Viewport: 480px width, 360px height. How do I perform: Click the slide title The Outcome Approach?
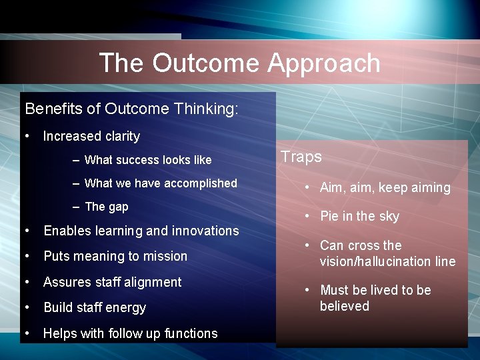[x=239, y=63]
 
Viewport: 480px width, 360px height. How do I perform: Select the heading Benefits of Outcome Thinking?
[x=131, y=109]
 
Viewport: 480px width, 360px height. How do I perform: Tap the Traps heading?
[x=301, y=157]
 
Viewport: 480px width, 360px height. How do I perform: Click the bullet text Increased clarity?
[x=91, y=136]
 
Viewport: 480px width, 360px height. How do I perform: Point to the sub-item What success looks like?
[x=148, y=160]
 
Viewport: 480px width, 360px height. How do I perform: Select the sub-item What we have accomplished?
[x=161, y=183]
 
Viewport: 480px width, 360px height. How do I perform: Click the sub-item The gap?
[x=107, y=207]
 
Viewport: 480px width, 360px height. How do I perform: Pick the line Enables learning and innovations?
[x=141, y=231]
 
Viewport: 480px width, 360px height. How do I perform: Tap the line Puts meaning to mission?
[x=115, y=256]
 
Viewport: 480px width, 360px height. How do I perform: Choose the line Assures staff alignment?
[x=112, y=282]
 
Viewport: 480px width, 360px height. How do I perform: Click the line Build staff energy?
[x=94, y=307]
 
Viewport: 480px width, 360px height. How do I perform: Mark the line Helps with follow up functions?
[x=130, y=333]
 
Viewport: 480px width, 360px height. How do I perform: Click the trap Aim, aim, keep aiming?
[x=385, y=188]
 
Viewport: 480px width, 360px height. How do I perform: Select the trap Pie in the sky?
[x=359, y=216]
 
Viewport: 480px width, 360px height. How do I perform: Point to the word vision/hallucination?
[x=367, y=261]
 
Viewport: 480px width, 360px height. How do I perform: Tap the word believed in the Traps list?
[x=344, y=306]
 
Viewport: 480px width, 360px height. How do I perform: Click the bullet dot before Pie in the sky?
[x=307, y=216]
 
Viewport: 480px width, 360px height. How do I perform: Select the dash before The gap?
[x=77, y=207]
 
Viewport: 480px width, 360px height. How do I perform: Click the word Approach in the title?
[x=324, y=63]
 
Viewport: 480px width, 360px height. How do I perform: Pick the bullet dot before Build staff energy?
[x=27, y=307]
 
